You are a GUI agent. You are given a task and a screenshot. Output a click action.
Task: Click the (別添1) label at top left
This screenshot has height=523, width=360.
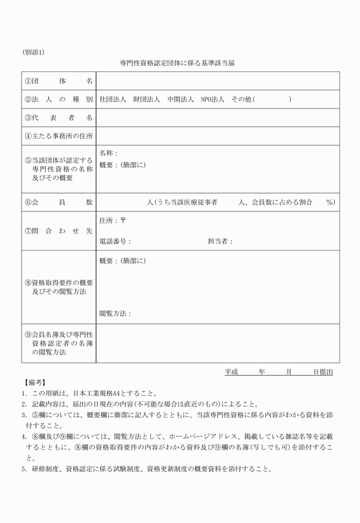pyautogui.click(x=33, y=52)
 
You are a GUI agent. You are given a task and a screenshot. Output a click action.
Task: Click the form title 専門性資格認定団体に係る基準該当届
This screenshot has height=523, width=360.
pyautogui.click(x=177, y=63)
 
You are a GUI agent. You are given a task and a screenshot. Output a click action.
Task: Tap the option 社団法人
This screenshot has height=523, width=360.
pyautogui.click(x=113, y=99)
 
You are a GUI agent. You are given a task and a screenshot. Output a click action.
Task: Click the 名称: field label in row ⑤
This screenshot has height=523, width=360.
pyautogui.click(x=108, y=153)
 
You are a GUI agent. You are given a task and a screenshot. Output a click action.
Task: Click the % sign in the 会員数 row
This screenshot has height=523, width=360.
pyautogui.click(x=330, y=202)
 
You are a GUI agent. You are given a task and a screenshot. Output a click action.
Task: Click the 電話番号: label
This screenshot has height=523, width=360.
pyautogui.click(x=115, y=241)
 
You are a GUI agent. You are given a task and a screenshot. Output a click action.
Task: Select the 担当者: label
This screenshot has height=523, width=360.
pyautogui.click(x=220, y=241)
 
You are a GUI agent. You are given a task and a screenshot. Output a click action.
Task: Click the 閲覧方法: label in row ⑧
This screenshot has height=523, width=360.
pyautogui.click(x=115, y=313)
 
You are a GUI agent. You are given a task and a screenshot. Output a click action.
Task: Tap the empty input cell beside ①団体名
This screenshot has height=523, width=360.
pyautogui.click(x=218, y=81)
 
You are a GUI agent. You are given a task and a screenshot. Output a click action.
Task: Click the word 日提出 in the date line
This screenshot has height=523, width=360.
pyautogui.click(x=323, y=372)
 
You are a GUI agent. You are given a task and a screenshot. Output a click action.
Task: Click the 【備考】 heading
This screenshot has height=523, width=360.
pyautogui.click(x=35, y=383)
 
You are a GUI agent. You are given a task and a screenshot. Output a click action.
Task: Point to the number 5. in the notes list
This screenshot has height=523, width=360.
pyautogui.click(x=25, y=470)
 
